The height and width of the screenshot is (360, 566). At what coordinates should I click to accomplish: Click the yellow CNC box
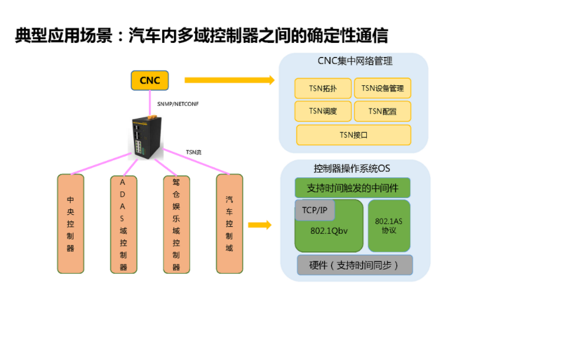[149, 80]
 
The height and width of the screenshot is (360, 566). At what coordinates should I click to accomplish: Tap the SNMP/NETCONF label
[177, 104]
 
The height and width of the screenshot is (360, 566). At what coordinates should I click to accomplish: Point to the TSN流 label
[193, 152]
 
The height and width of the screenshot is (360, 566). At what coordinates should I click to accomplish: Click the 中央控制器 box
[71, 224]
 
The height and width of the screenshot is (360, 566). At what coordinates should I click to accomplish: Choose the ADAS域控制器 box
[123, 224]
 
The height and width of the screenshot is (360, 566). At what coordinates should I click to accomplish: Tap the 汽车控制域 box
[229, 224]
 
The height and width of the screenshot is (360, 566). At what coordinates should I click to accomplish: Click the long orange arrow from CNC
[229, 80]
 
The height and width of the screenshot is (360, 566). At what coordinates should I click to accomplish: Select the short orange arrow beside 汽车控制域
[259, 225]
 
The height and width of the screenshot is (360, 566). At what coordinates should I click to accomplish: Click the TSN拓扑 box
[323, 89]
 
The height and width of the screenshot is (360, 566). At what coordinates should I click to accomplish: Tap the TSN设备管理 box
[383, 89]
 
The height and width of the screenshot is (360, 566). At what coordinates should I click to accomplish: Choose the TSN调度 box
[323, 111]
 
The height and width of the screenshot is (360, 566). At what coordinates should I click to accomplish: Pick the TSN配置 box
[383, 111]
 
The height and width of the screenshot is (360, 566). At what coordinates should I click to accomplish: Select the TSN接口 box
[353, 134]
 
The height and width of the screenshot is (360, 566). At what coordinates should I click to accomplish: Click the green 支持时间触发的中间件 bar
[352, 188]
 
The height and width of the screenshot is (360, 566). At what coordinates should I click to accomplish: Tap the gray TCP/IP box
[314, 210]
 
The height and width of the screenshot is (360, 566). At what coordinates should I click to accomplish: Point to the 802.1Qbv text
[329, 231]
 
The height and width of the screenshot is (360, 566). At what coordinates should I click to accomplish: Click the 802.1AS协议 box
[389, 226]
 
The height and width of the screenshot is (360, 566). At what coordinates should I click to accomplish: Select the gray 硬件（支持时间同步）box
[354, 265]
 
